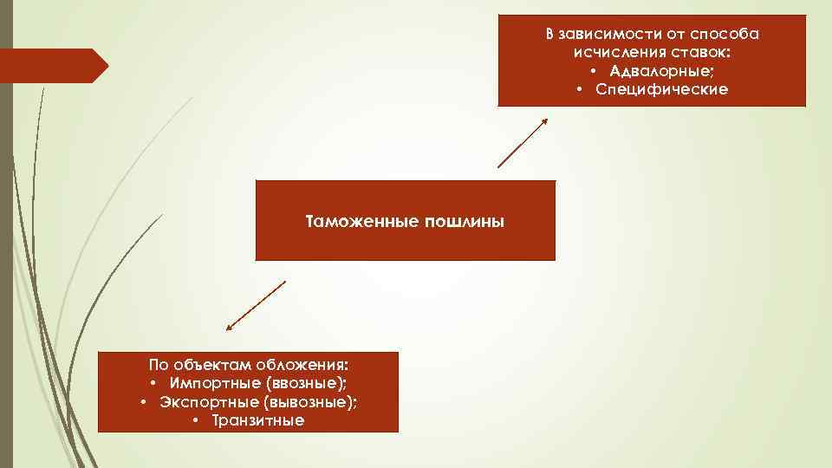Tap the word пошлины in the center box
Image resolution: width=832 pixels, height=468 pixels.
pos(465,222)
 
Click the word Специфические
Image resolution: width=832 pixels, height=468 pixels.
pos(662,89)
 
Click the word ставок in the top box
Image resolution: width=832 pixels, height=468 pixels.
pos(699,53)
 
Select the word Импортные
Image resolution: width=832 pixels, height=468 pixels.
pos(215,382)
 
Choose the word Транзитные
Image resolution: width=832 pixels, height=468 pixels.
pos(258,421)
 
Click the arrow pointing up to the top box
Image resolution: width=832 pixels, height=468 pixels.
pos(523,143)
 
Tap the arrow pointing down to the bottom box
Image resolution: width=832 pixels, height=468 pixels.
pos(256,306)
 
